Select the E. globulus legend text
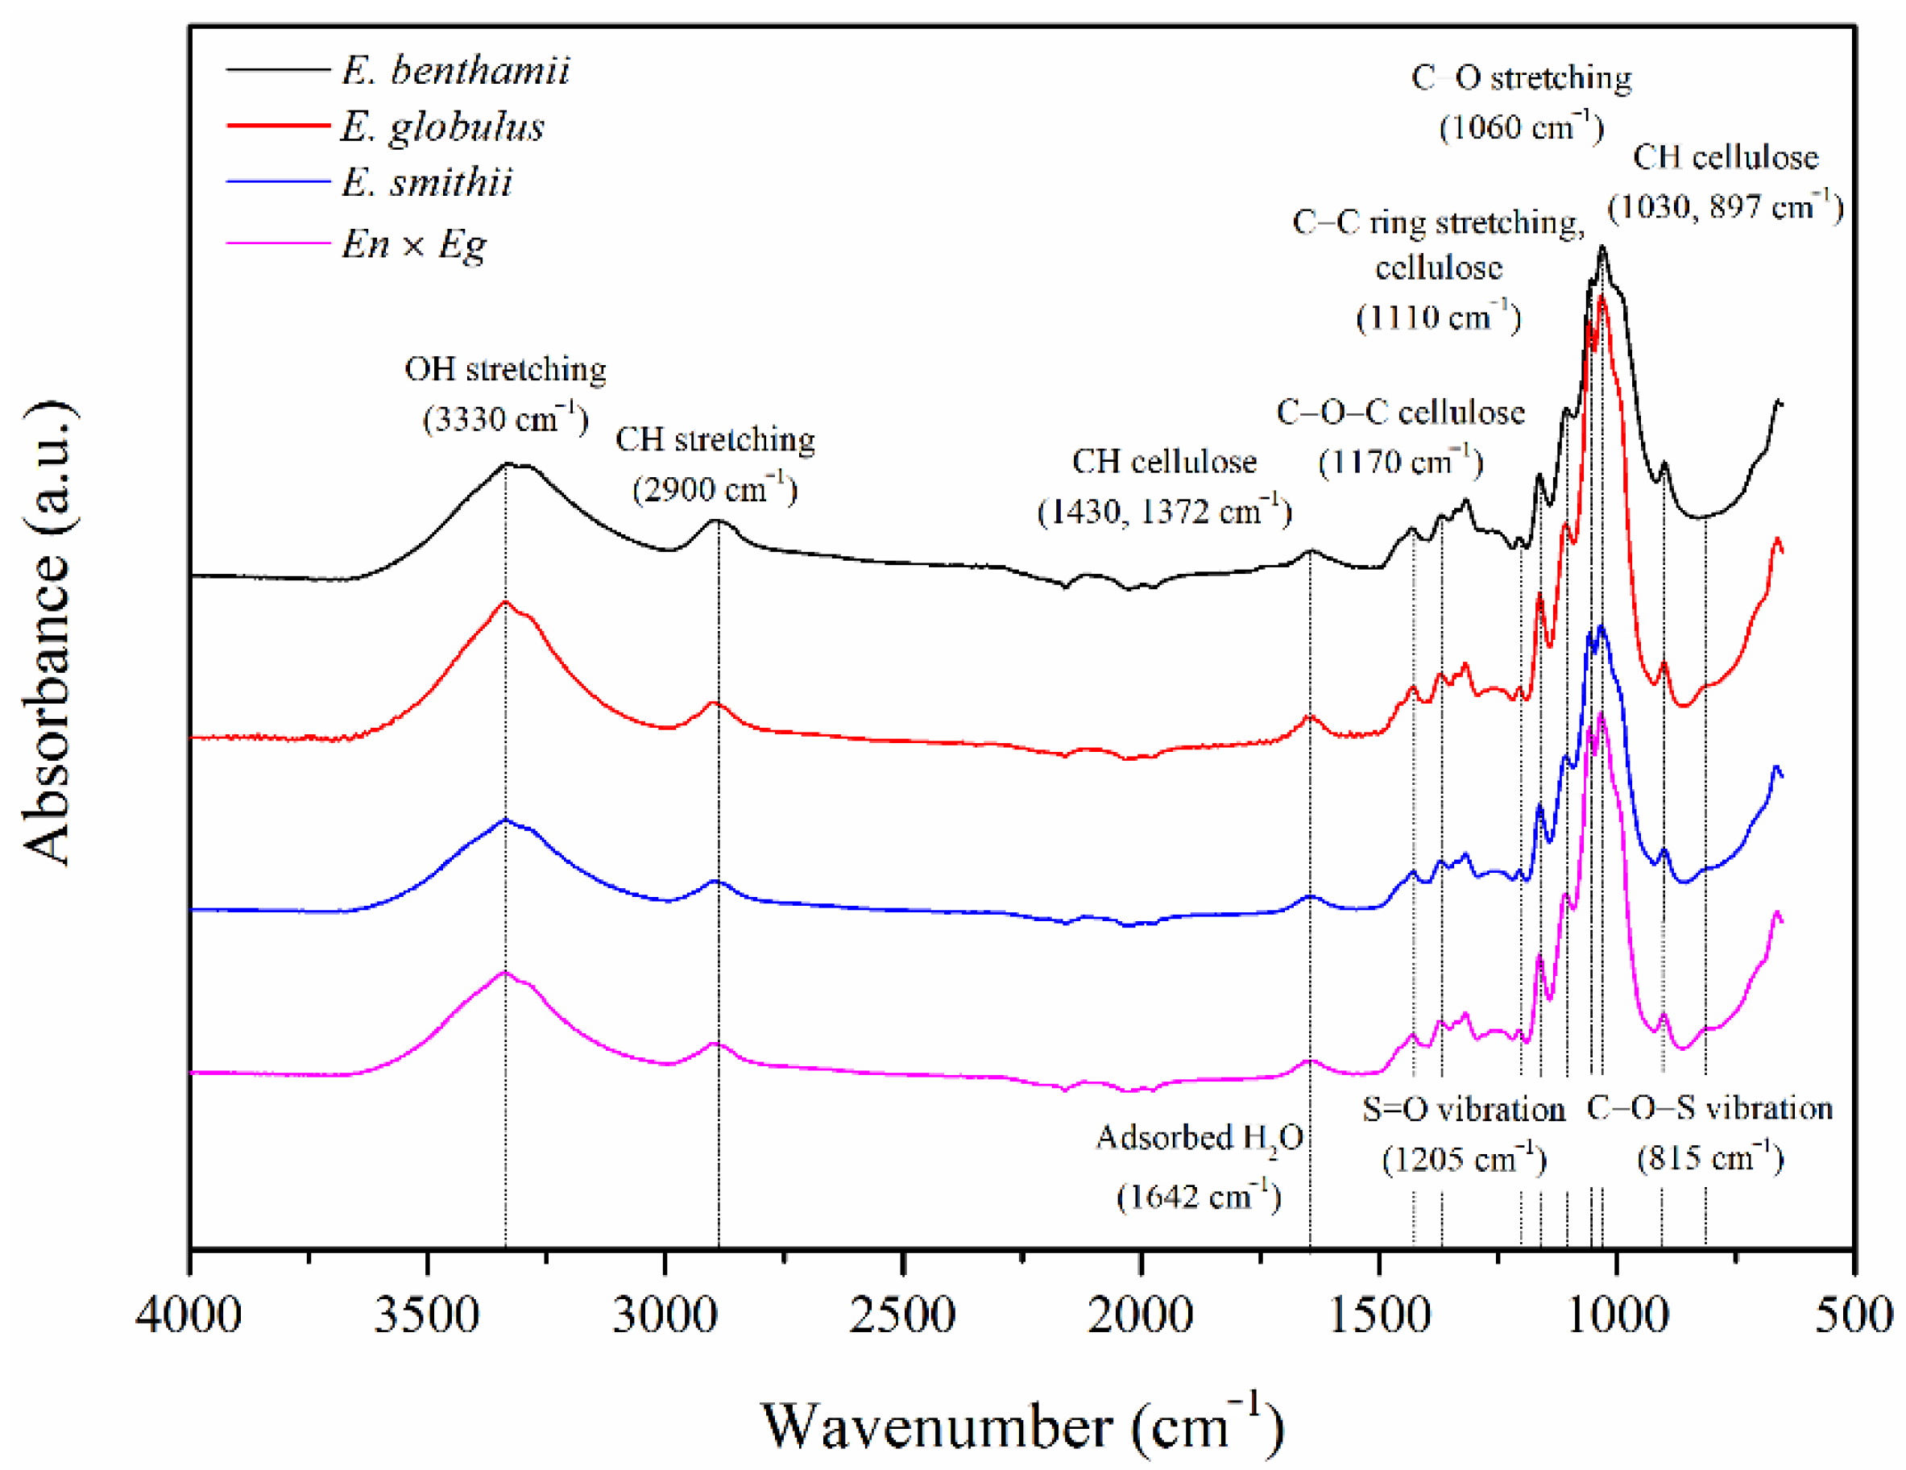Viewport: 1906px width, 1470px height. point(442,127)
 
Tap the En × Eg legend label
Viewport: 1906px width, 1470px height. point(414,243)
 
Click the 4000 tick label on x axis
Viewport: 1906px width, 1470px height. point(189,1314)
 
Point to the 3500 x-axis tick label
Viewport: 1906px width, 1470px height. point(427,1314)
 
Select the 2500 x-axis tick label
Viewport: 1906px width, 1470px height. point(902,1314)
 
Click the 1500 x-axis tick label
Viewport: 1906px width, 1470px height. point(1379,1314)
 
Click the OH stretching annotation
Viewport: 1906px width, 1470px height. point(505,369)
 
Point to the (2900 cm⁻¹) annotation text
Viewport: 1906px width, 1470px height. point(715,489)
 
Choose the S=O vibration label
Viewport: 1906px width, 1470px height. point(1465,1110)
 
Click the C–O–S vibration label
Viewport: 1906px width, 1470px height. point(1709,1109)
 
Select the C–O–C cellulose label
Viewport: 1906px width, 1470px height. point(1401,412)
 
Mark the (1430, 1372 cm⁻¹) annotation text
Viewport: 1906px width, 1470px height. point(1164,511)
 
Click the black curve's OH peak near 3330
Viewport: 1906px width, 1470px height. point(507,464)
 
